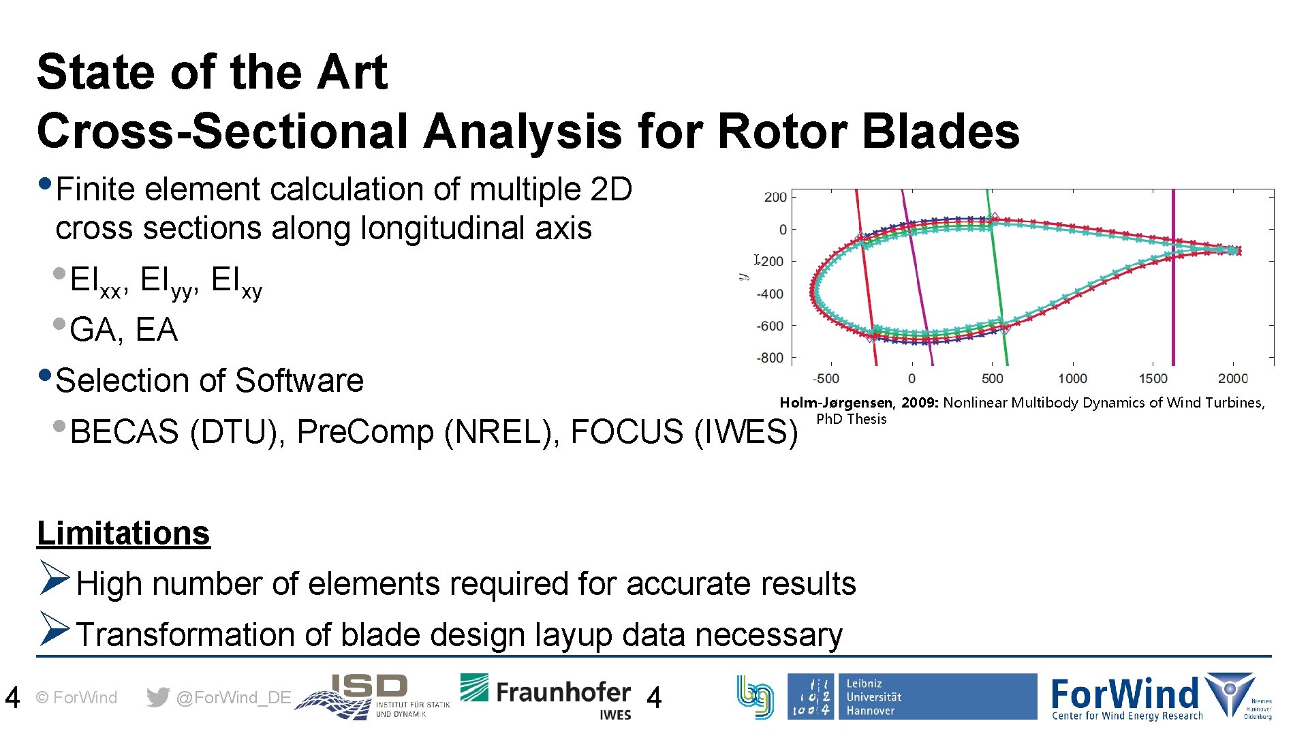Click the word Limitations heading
[x=123, y=533]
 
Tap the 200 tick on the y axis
[x=775, y=197]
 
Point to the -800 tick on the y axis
[x=770, y=358]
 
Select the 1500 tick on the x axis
[x=1153, y=378]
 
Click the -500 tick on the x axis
[x=826, y=378]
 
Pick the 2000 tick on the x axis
[x=1233, y=378]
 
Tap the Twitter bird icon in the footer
[x=158, y=697]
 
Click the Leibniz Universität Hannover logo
[x=912, y=696]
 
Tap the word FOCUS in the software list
[x=626, y=431]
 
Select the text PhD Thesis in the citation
[x=851, y=419]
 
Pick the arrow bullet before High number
[x=54, y=578]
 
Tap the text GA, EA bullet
[x=123, y=330]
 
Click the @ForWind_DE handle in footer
[x=234, y=697]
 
